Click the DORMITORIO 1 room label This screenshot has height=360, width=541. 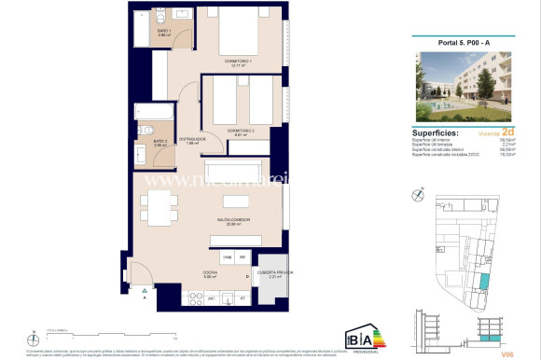click(240, 62)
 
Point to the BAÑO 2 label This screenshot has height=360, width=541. click(160, 141)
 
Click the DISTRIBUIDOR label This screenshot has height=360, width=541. click(192, 138)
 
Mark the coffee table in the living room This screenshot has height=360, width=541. click(235, 201)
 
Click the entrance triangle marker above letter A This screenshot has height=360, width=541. click(144, 291)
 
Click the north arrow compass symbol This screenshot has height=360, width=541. click(415, 197)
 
